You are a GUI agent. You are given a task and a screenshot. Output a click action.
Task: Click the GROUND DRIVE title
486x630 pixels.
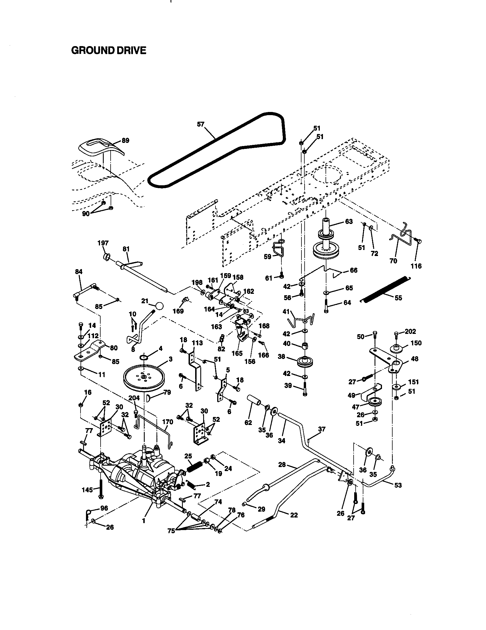[109, 50]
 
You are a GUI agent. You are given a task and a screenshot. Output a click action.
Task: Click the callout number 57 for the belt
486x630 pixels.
[201, 124]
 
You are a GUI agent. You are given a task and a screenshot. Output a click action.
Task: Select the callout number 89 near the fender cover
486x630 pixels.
[125, 141]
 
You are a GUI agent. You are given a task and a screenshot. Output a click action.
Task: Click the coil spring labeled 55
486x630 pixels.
[385, 290]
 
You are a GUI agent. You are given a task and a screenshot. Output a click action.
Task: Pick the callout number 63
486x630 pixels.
[349, 222]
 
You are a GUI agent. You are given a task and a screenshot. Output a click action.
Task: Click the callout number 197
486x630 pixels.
[103, 243]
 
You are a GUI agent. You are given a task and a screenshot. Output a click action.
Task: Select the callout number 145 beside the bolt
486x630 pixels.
[87, 490]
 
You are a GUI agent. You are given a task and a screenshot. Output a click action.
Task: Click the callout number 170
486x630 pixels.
[167, 422]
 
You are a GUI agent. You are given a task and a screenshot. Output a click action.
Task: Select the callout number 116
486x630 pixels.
[416, 266]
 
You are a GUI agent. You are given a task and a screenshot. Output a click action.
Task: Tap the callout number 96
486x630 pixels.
[104, 508]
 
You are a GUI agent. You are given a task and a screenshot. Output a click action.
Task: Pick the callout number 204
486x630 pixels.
[134, 398]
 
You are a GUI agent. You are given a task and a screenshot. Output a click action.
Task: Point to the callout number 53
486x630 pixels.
[398, 485]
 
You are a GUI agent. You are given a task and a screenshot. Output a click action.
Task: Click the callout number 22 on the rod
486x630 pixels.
[294, 515]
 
